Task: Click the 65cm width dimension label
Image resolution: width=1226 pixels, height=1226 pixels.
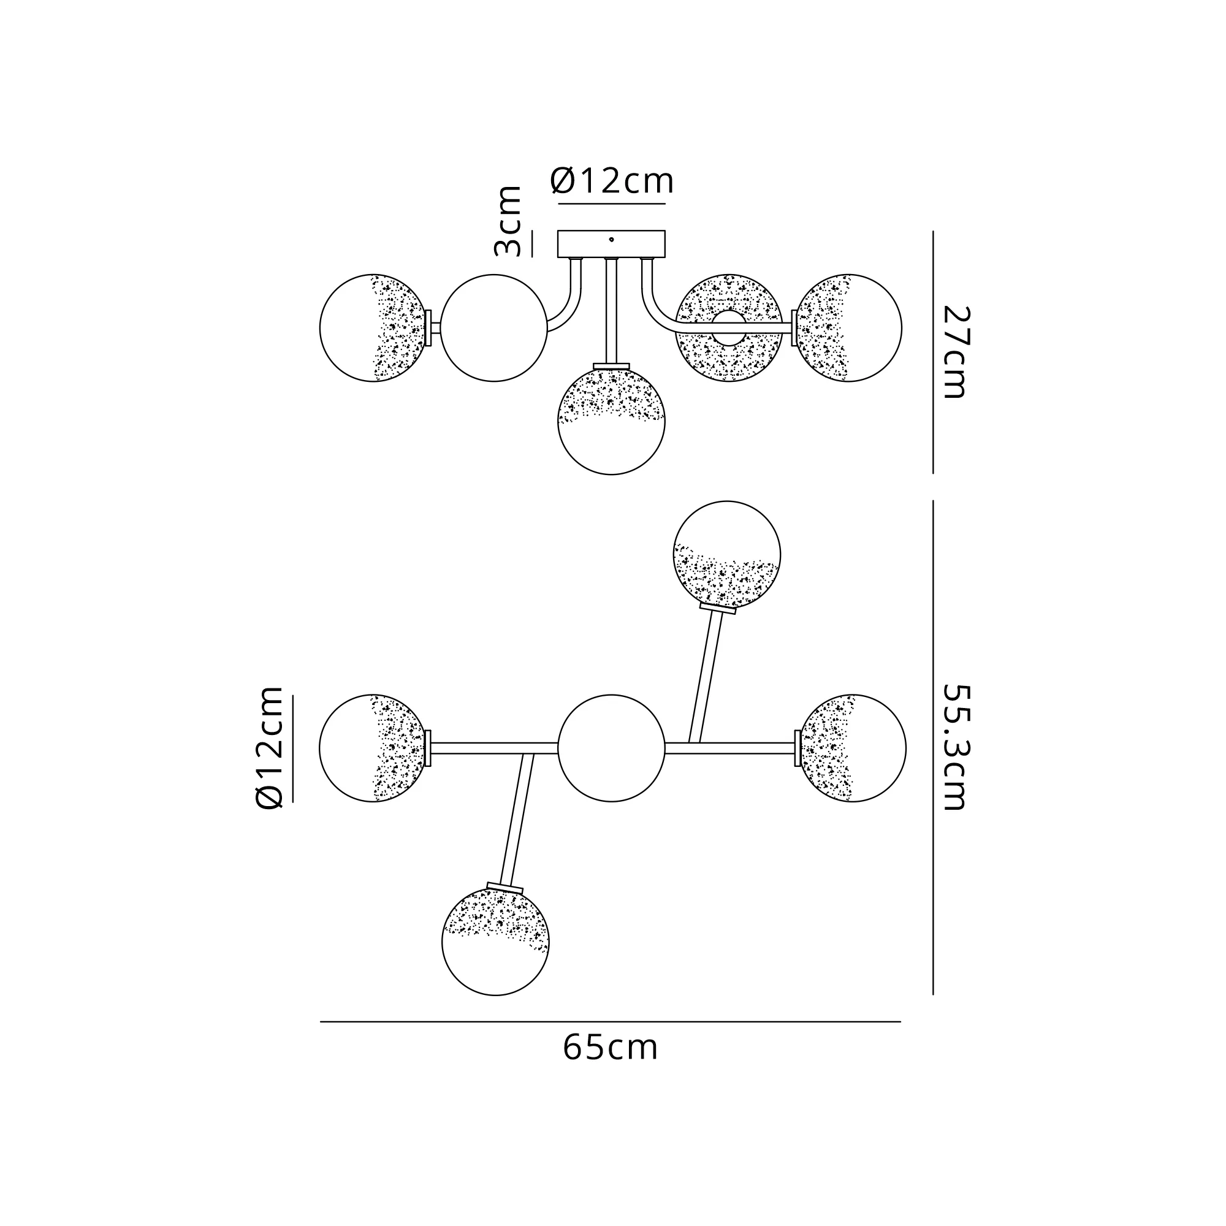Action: tap(610, 1048)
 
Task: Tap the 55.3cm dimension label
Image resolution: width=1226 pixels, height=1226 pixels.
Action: tap(954, 747)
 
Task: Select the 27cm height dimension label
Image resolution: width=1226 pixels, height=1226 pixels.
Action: tap(954, 352)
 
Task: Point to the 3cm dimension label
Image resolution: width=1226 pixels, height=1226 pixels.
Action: tap(508, 221)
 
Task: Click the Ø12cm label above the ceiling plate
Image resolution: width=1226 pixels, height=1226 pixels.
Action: tap(612, 181)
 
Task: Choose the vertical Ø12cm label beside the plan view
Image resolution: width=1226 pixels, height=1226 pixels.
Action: tap(268, 747)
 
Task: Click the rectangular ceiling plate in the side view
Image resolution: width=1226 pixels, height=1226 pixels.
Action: tap(611, 244)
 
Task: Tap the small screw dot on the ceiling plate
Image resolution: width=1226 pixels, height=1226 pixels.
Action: tap(611, 239)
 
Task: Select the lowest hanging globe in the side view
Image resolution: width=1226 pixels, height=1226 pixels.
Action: tap(611, 421)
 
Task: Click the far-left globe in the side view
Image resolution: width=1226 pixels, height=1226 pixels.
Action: tap(373, 327)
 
